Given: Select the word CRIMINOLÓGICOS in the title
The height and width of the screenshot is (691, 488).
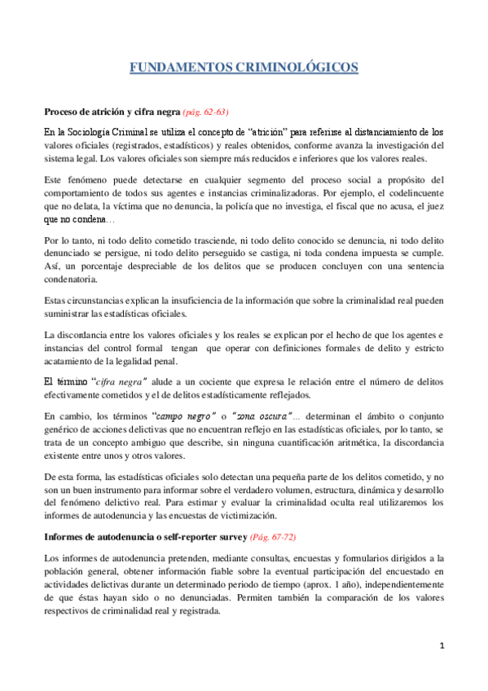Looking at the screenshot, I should coord(297,68).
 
